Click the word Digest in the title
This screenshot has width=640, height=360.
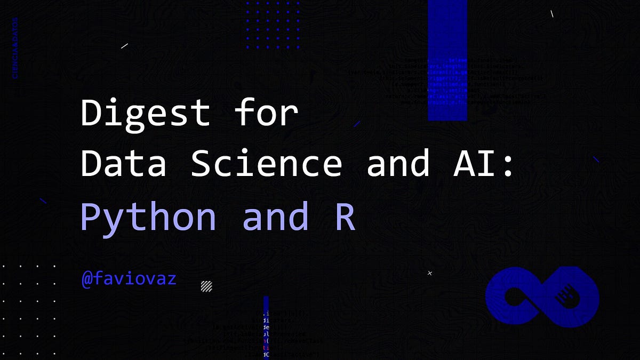pyautogui.click(x=145, y=113)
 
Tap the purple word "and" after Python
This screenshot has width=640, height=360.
pyautogui.click(x=276, y=216)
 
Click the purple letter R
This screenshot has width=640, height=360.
pyautogui.click(x=345, y=216)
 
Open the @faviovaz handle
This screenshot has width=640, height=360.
pyautogui.click(x=129, y=278)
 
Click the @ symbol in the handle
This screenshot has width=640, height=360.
pyautogui.click(x=87, y=278)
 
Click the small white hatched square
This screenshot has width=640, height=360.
pyautogui.click(x=206, y=286)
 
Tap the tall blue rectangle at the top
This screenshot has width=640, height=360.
pyautogui.click(x=447, y=60)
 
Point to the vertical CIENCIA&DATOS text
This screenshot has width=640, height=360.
pyautogui.click(x=15, y=48)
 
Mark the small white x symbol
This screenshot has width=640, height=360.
pyautogui.click(x=430, y=273)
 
